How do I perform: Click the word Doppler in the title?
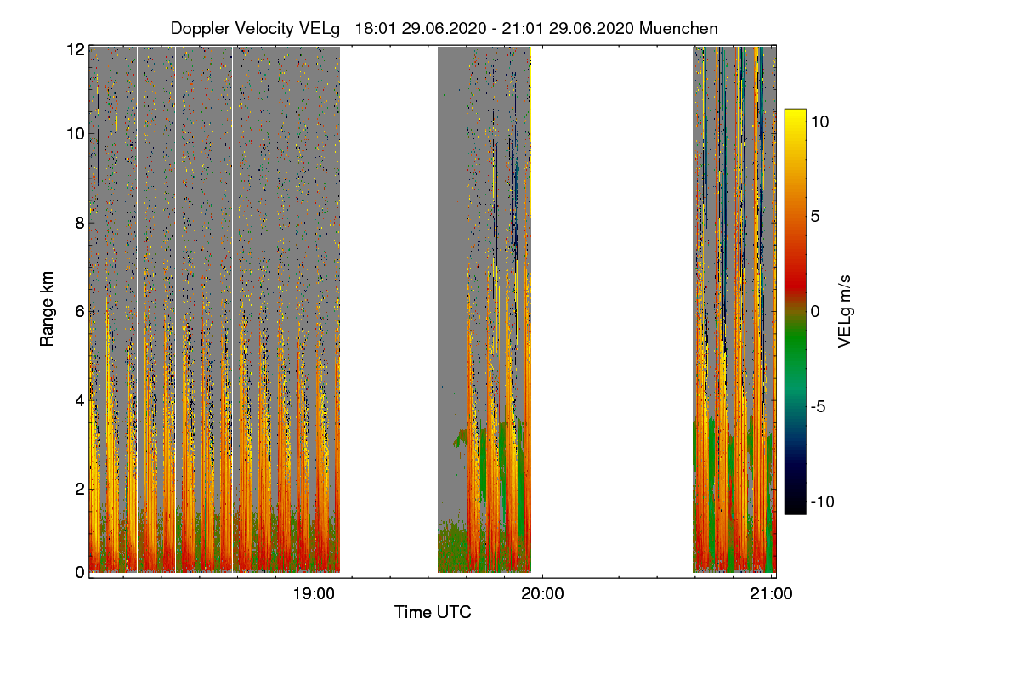[x=201, y=28]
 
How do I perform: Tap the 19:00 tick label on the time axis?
[x=314, y=594]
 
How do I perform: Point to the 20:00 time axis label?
[x=542, y=594]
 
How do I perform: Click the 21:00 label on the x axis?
[x=771, y=594]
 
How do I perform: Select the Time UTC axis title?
[x=432, y=612]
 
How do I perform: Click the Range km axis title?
[x=48, y=309]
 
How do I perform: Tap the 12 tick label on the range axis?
[x=76, y=49]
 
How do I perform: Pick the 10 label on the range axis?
[x=76, y=133]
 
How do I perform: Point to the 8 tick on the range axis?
[x=80, y=223]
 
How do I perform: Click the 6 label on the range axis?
[x=80, y=311]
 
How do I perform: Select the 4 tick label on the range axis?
[x=80, y=399]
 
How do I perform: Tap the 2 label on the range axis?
[x=80, y=488]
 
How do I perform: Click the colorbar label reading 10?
[x=819, y=122]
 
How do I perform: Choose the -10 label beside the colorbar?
[x=821, y=501]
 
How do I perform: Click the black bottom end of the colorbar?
[x=795, y=509]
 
